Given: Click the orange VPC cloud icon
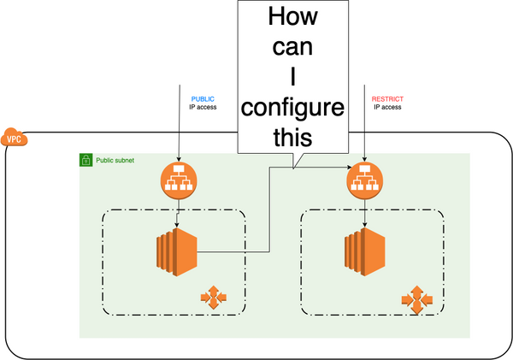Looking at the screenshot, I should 15,138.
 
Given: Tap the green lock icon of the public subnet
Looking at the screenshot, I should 85,160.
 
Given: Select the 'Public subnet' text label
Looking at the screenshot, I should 115,160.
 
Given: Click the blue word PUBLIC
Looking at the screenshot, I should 203,99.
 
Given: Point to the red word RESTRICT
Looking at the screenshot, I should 387,99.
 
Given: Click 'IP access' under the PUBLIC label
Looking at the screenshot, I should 203,108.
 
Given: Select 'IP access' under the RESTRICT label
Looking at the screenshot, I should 386,108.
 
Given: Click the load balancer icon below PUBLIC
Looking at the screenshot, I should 179,180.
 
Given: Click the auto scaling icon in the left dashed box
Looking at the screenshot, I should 213,298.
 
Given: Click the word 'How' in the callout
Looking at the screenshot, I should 293,18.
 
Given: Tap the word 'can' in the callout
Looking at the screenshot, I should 293,48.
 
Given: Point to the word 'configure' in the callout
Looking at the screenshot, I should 293,109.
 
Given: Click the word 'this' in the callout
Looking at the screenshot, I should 293,138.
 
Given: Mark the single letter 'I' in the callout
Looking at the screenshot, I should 293,78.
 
